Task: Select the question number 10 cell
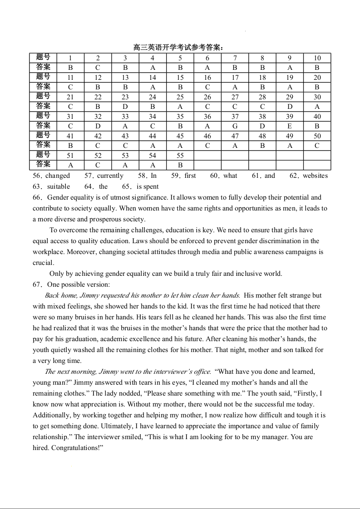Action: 317,58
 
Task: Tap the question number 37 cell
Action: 235,117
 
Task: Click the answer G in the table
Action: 235,126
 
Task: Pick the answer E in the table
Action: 290,126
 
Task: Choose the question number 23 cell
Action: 125,97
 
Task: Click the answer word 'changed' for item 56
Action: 58,176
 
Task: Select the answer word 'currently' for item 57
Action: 110,176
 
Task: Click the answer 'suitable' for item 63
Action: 59,186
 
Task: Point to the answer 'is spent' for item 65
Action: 148,186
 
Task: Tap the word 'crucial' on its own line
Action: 43,263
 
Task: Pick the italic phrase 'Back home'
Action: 59,295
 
